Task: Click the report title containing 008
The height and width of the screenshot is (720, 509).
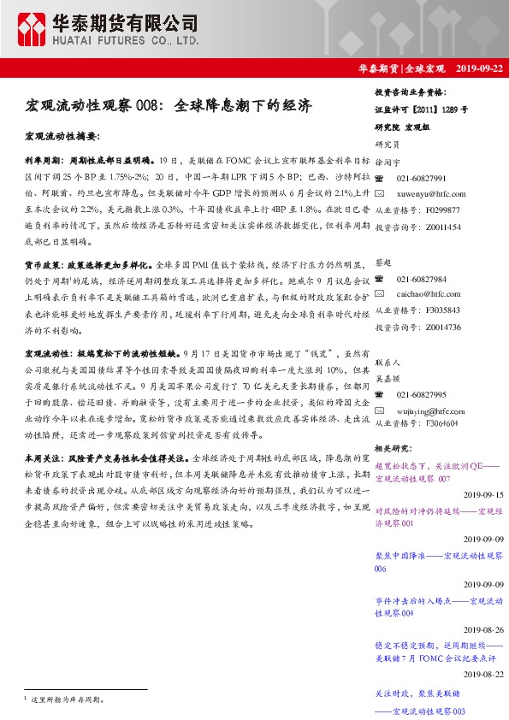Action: [x=168, y=107]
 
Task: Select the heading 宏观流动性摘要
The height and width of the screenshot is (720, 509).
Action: [x=62, y=137]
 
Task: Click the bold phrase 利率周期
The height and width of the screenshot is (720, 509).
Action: [x=42, y=160]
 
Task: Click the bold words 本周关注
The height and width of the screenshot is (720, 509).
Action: [x=42, y=458]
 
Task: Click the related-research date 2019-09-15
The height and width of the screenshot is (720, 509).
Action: [x=483, y=494]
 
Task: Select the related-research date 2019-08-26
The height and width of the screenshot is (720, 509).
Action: [x=483, y=629]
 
